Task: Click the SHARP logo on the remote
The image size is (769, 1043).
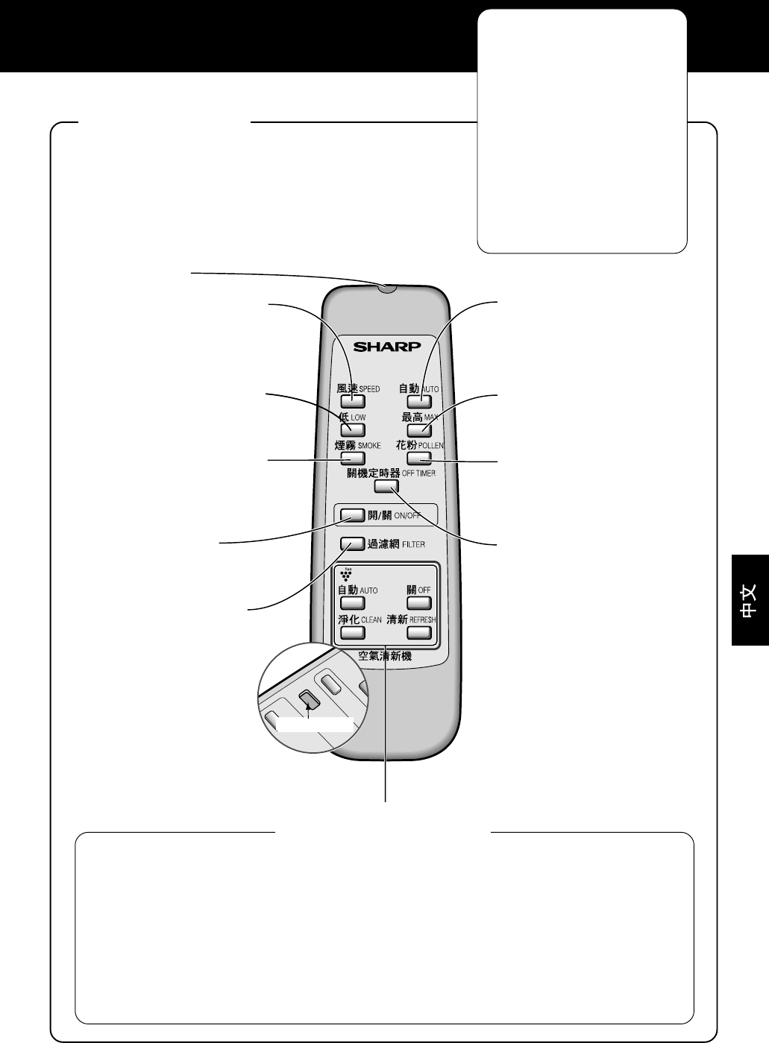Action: [x=386, y=347]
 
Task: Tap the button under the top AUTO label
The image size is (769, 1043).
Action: [x=419, y=401]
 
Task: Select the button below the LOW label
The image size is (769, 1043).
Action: [x=353, y=429]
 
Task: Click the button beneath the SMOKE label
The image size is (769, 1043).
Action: [x=353, y=458]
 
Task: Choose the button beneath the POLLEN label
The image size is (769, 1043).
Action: [x=419, y=458]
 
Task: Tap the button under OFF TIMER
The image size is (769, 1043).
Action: [x=386, y=486]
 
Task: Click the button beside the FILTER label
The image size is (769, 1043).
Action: [x=352, y=543]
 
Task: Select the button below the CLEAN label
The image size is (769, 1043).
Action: [x=353, y=632]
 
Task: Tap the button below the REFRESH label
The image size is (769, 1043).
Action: [x=419, y=632]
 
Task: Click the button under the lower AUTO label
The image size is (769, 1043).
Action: [x=353, y=602]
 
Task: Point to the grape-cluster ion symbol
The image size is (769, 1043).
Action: [x=346, y=575]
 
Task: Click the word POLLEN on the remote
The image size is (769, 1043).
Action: [x=431, y=446]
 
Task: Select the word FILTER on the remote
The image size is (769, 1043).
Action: [x=413, y=543]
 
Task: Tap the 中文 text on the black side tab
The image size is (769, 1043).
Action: [x=750, y=601]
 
